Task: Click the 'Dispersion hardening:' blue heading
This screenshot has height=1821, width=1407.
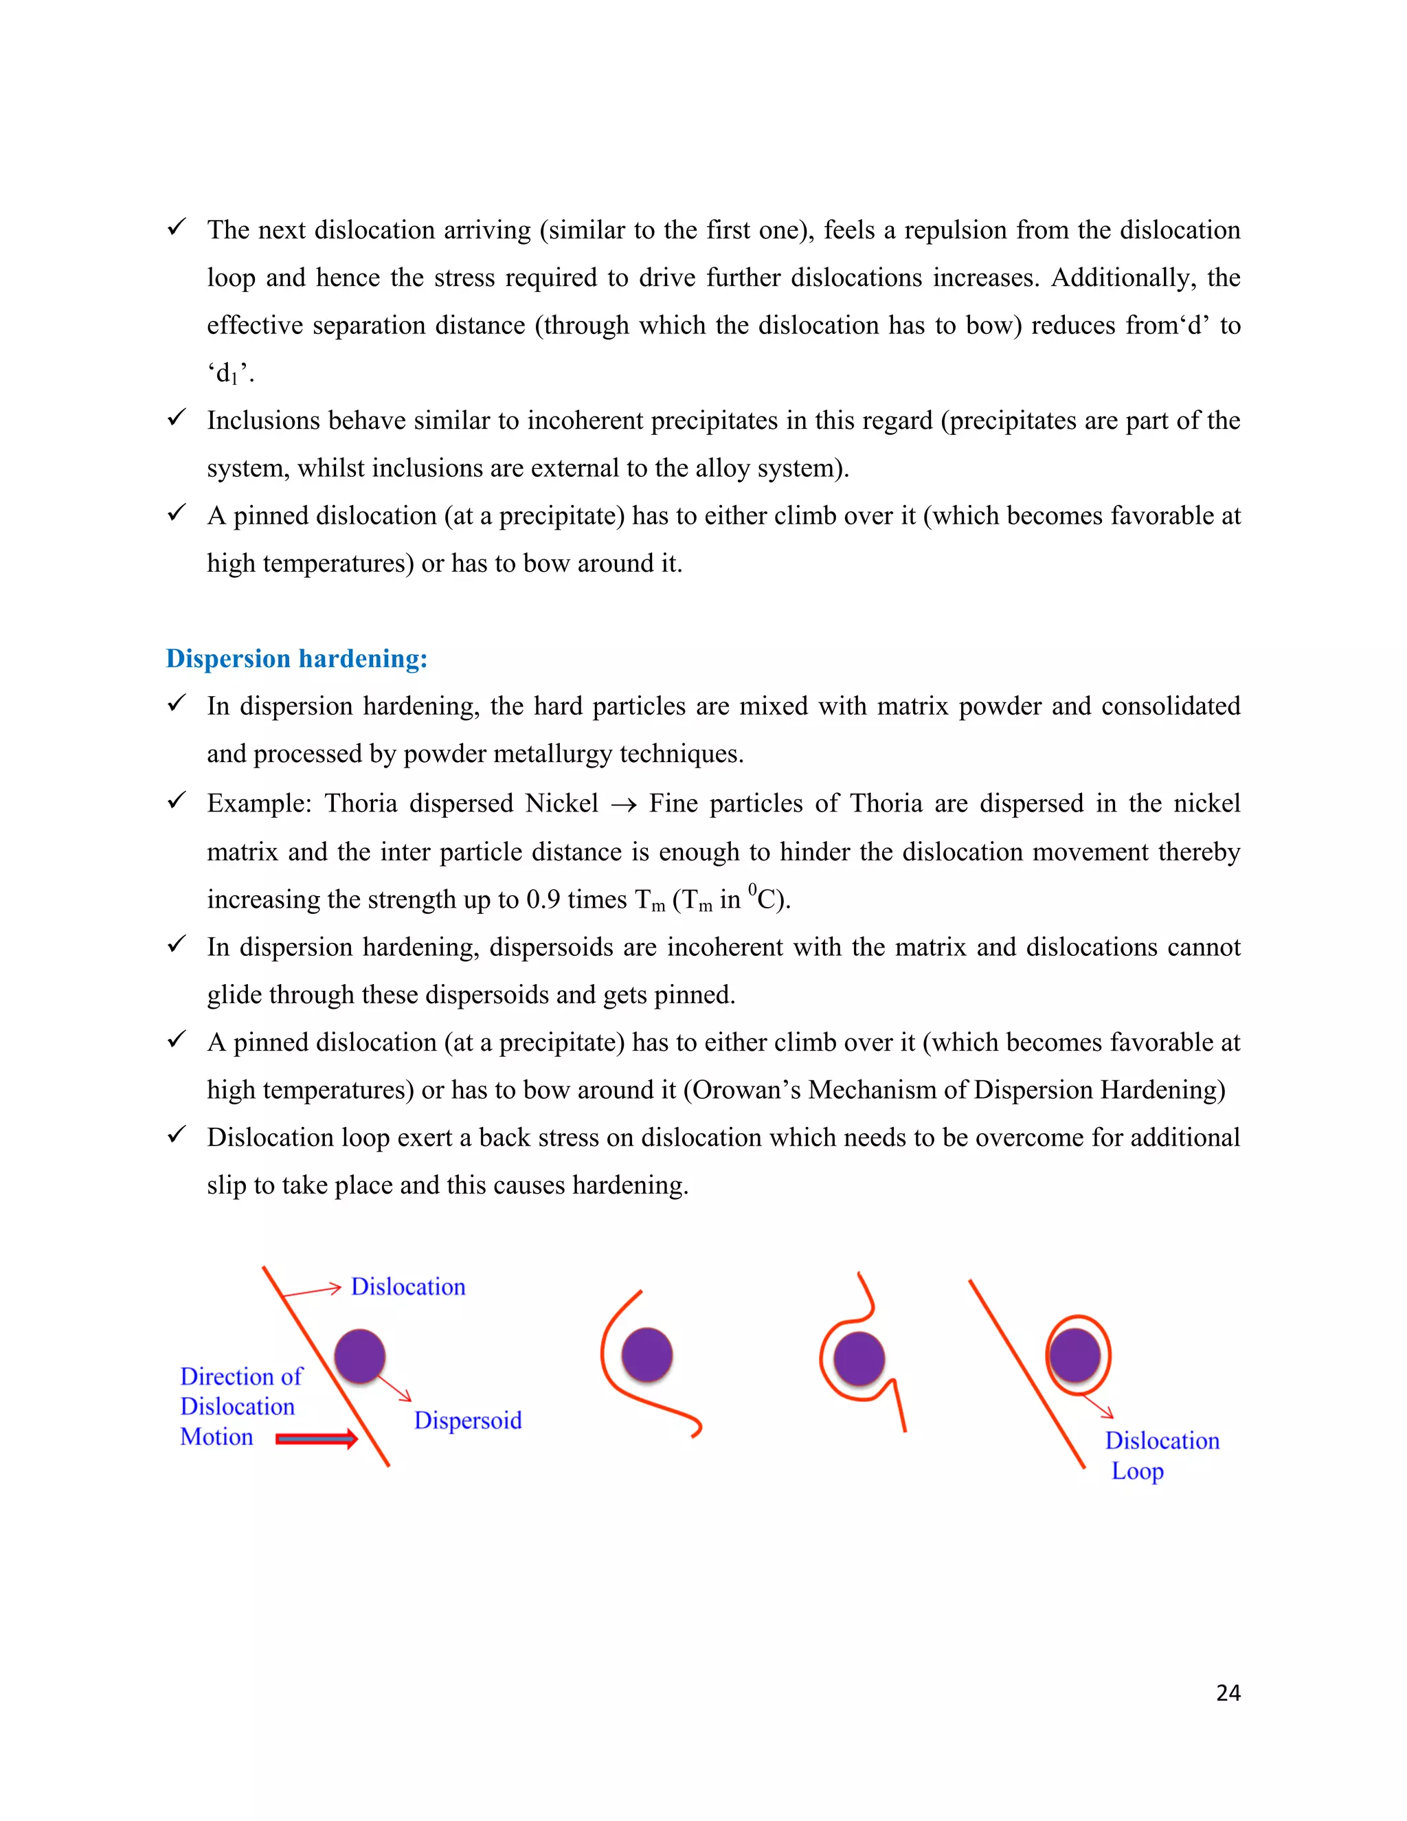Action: click(x=296, y=659)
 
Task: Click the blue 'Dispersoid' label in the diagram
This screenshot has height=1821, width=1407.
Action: click(x=468, y=1420)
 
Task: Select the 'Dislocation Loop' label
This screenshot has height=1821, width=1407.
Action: click(x=1161, y=1455)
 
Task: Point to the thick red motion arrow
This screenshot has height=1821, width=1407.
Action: click(x=316, y=1438)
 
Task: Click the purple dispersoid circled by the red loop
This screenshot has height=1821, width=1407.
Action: click(x=1074, y=1355)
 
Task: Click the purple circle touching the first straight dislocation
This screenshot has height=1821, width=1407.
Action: click(x=359, y=1356)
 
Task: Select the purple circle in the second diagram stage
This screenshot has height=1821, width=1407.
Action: click(x=646, y=1355)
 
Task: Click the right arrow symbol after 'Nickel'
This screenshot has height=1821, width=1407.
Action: click(x=624, y=805)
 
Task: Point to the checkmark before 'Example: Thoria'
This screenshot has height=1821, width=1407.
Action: click(x=176, y=801)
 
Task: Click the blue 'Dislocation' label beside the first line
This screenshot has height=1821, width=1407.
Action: click(x=407, y=1286)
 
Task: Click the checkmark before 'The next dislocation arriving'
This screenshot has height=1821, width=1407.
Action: click(x=176, y=227)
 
